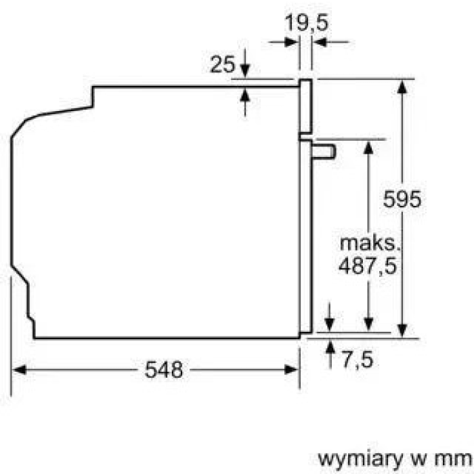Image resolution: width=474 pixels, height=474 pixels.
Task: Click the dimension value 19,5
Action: pyautogui.click(x=306, y=22)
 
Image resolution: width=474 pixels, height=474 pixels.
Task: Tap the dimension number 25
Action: pyautogui.click(x=223, y=64)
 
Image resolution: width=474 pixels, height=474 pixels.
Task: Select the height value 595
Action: pyautogui.click(x=402, y=198)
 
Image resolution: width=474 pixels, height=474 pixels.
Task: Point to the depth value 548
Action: pyautogui.click(x=164, y=370)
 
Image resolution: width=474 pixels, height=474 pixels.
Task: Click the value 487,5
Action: pyautogui.click(x=367, y=265)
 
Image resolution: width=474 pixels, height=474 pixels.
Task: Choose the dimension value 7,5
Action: pyautogui.click(x=358, y=360)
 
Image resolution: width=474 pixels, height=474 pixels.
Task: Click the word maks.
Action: pyautogui.click(x=370, y=243)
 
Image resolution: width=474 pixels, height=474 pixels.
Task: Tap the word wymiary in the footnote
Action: pyautogui.click(x=361, y=460)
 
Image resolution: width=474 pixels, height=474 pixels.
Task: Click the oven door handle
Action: pyautogui.click(x=324, y=151)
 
